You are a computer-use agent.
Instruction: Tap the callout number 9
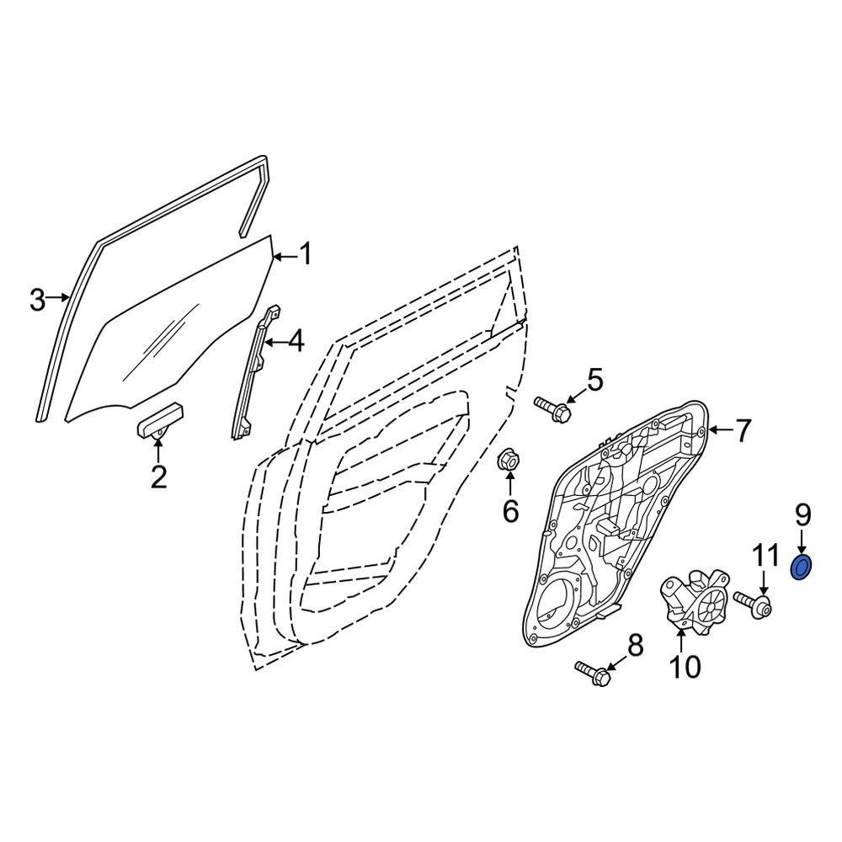[x=802, y=516]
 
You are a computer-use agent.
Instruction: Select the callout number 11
[x=765, y=557]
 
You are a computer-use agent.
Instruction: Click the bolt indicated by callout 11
[x=753, y=605]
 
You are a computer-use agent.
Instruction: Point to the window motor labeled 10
[x=693, y=601]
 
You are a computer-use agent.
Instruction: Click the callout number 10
[x=685, y=666]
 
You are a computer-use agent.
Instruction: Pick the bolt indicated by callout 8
[x=593, y=673]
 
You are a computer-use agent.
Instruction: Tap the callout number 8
[x=635, y=647]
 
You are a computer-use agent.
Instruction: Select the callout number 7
[x=742, y=430]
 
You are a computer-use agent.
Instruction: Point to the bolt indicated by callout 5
[x=552, y=409]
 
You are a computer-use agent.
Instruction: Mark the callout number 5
[x=594, y=379]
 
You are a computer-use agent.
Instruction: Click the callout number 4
[x=296, y=342]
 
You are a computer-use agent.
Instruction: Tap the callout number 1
[x=306, y=253]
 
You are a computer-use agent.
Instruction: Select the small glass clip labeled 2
[x=160, y=421]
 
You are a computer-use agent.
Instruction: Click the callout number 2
[x=158, y=477]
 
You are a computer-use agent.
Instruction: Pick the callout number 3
[x=37, y=300]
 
